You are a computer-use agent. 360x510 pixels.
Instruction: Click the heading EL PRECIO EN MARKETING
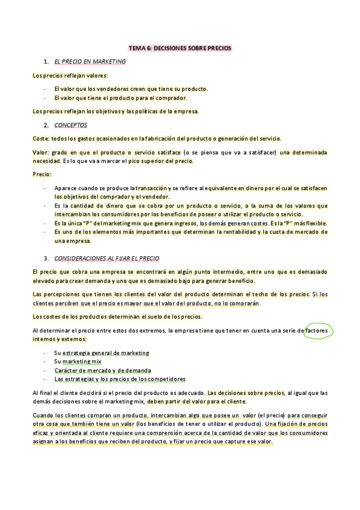point(90,61)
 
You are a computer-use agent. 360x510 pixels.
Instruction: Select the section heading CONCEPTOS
point(70,125)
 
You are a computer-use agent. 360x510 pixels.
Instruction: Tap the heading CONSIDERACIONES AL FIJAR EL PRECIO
point(106,258)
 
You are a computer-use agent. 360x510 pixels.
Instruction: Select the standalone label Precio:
point(42,174)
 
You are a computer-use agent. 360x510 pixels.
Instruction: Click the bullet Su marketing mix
point(78,361)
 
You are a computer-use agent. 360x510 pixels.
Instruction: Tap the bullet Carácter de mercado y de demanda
point(102,370)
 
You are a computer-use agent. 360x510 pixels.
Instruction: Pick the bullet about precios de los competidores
point(120,379)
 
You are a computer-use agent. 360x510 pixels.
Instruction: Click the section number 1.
point(46,61)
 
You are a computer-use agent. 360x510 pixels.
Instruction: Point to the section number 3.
point(46,258)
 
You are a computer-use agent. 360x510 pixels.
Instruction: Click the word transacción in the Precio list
point(155,188)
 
